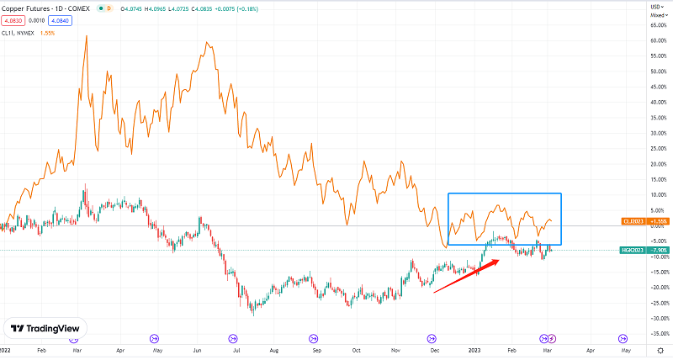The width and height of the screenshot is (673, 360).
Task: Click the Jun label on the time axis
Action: pos(198,347)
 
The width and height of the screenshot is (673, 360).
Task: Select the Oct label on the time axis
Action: pos(357,347)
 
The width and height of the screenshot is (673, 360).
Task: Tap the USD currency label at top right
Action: pos(654,7)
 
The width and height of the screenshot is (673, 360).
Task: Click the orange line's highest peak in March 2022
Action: pos(87,37)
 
